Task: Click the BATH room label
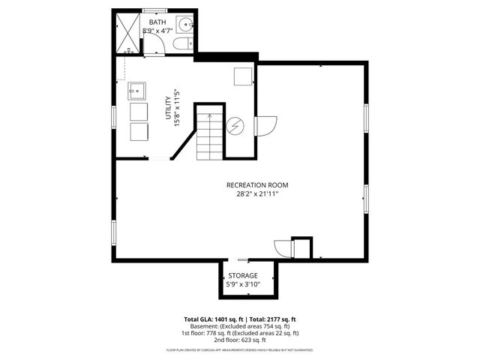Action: (157, 22)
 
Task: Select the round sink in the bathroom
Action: (183, 23)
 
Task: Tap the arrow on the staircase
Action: (210, 117)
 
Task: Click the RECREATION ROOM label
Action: (257, 185)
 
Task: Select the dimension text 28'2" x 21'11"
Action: (257, 194)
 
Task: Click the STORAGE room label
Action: (243, 276)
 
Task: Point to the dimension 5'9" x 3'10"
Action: (243, 284)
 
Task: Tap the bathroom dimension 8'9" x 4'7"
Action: (157, 31)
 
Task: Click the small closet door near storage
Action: (282, 249)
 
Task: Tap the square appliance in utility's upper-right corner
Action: (243, 76)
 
